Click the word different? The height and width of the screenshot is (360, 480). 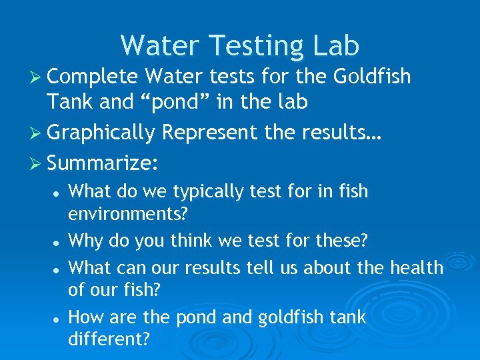(109, 340)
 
